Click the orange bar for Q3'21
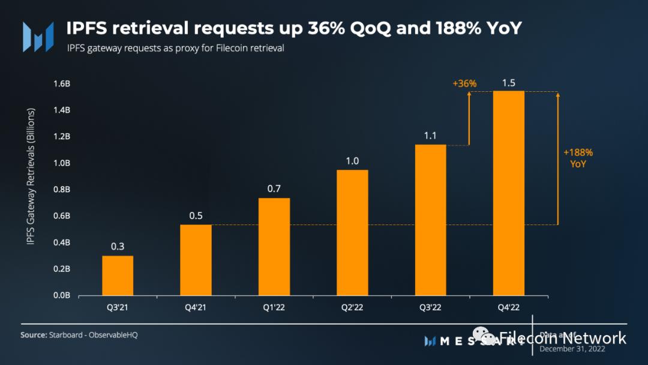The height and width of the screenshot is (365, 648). (x=118, y=276)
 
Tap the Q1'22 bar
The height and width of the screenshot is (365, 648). (x=274, y=247)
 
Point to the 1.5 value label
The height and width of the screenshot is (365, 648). (x=509, y=83)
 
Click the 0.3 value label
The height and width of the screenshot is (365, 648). (x=118, y=247)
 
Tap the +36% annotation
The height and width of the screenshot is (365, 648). (x=464, y=83)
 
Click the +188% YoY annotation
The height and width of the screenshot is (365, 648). (x=578, y=158)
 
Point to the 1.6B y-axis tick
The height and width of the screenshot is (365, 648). (x=62, y=84)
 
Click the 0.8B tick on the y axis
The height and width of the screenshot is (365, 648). (x=62, y=190)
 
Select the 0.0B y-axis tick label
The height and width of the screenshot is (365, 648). (x=62, y=295)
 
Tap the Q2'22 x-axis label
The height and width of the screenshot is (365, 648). (x=352, y=308)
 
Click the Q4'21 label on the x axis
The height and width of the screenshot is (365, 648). (x=196, y=308)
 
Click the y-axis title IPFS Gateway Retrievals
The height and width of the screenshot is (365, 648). (x=31, y=176)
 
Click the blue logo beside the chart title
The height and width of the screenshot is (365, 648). (x=34, y=36)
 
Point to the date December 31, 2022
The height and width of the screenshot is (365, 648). (x=572, y=348)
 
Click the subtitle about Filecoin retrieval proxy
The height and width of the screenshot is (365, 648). (x=175, y=49)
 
